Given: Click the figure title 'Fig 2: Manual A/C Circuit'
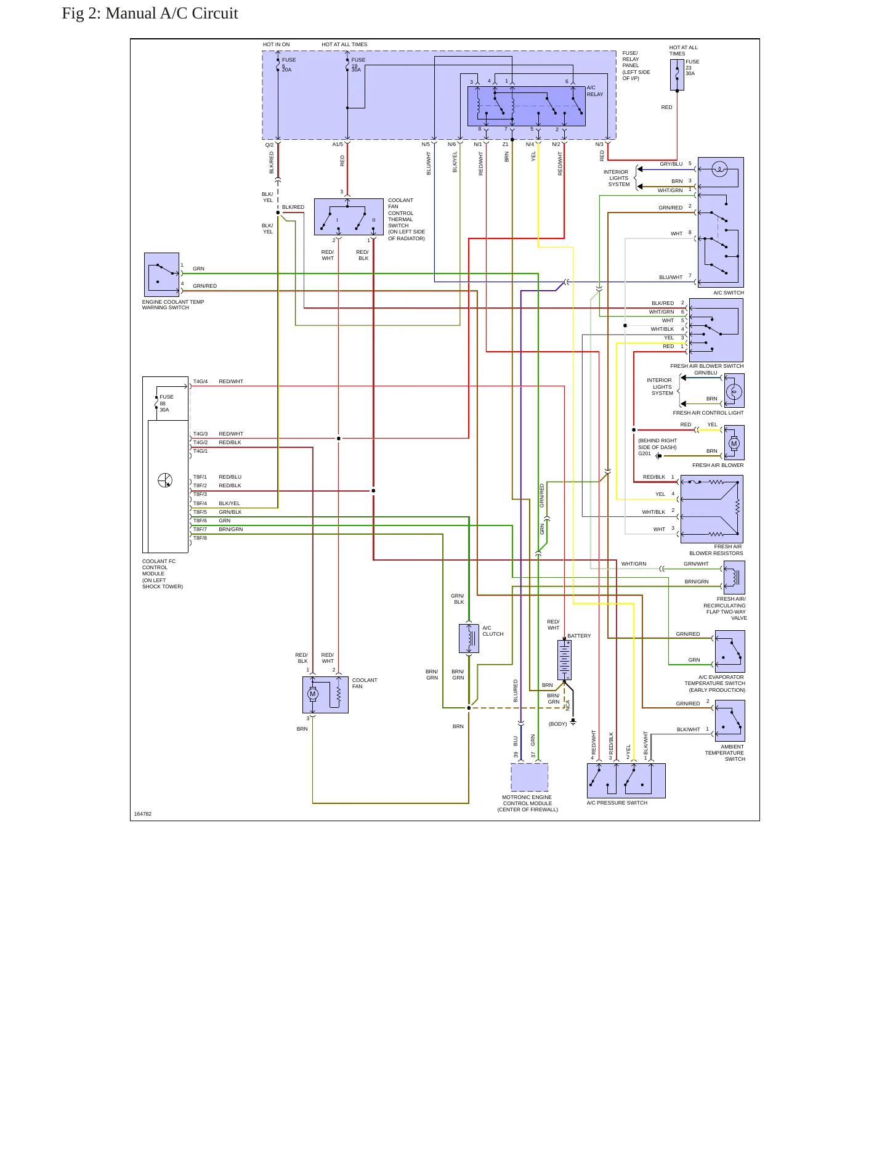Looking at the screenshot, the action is [150, 14].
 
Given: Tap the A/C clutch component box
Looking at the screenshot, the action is [469, 638].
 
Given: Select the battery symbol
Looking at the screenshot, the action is [564, 660].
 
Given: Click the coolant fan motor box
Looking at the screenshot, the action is [325, 695].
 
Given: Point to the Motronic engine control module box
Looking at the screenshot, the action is [530, 777].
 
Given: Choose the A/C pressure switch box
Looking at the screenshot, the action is [626, 781].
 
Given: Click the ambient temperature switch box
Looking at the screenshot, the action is [730, 721].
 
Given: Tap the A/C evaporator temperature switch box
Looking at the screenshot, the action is [730, 651].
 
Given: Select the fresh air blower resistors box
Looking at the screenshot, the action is [712, 509].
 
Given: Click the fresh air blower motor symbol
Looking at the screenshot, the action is [734, 443].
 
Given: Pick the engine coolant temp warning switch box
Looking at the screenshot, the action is [161, 275].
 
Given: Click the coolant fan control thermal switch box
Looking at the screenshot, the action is [349, 217].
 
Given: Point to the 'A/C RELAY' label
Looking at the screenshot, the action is [595, 91].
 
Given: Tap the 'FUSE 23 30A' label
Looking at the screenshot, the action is [692, 68].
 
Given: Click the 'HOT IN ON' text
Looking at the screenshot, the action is [276, 44].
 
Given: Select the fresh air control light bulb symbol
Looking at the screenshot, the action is [734, 391].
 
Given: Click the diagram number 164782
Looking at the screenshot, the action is [143, 814].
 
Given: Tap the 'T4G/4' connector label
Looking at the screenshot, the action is [200, 382].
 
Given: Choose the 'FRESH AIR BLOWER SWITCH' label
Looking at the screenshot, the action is [707, 366].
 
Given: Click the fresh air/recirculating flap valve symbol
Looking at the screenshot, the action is [734, 577].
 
